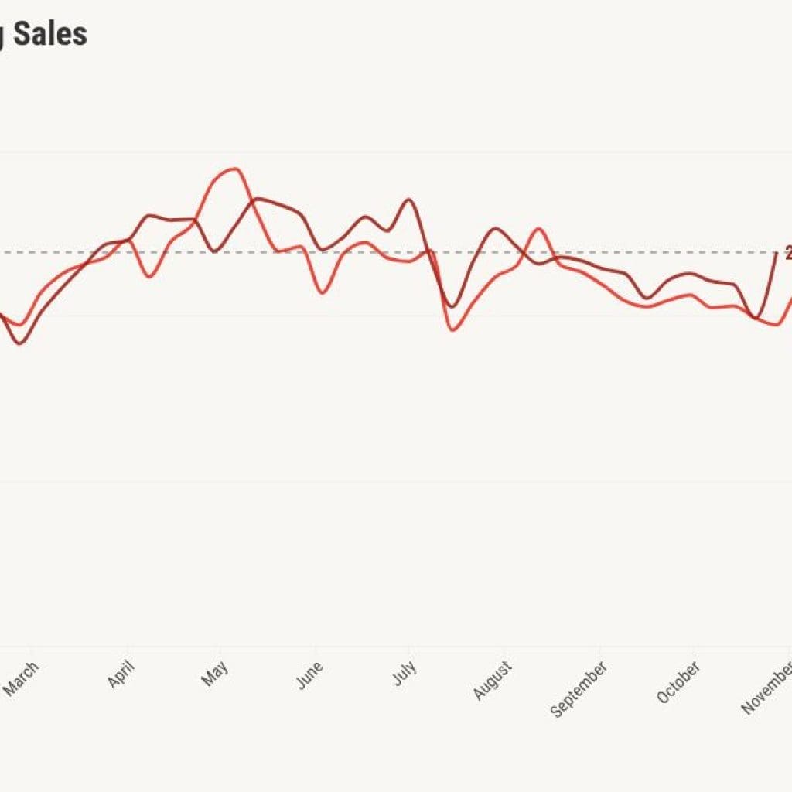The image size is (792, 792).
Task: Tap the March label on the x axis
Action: point(22,678)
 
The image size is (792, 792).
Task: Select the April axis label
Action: point(120,674)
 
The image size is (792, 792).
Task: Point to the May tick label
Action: point(215,673)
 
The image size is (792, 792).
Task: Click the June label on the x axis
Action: point(309,674)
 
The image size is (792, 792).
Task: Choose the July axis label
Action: point(405,673)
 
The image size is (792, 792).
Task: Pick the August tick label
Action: point(493,680)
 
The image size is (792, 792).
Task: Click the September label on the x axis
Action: point(578,688)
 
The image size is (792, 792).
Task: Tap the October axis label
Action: point(678,681)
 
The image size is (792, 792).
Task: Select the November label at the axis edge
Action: point(766,685)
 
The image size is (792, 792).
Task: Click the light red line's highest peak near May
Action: point(234,169)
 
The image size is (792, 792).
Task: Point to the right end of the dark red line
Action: point(777,253)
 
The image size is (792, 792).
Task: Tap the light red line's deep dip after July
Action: point(453,330)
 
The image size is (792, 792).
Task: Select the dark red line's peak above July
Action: point(408,200)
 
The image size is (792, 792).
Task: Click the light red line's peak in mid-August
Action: point(538,229)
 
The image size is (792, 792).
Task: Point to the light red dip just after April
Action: point(148,276)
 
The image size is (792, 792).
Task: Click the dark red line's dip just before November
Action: point(756,318)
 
